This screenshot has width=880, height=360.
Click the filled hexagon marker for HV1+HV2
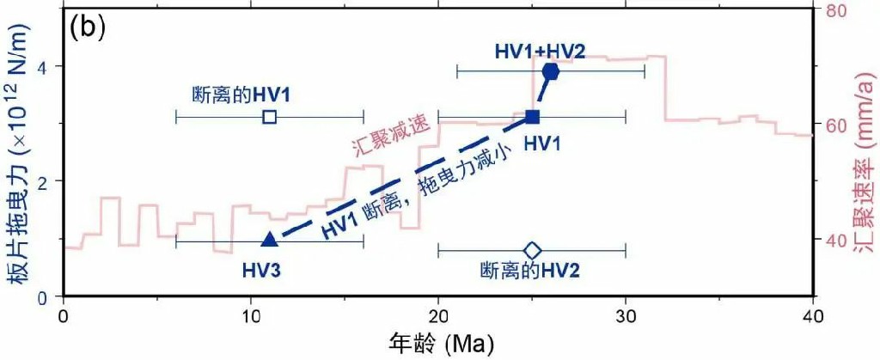click(551, 72)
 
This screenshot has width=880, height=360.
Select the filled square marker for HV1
click(532, 117)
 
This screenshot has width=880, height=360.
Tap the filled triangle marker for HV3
click(270, 240)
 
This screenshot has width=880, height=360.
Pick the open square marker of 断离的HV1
click(270, 117)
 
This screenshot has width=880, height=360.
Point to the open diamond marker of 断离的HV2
click(532, 250)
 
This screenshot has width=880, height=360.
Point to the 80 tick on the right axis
click(828, 10)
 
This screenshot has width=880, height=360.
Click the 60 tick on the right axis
click(828, 125)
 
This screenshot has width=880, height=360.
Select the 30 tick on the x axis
click(626, 316)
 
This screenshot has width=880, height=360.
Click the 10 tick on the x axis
click(251, 316)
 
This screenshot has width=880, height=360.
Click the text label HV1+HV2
click(540, 51)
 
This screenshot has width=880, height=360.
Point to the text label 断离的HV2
click(529, 272)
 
